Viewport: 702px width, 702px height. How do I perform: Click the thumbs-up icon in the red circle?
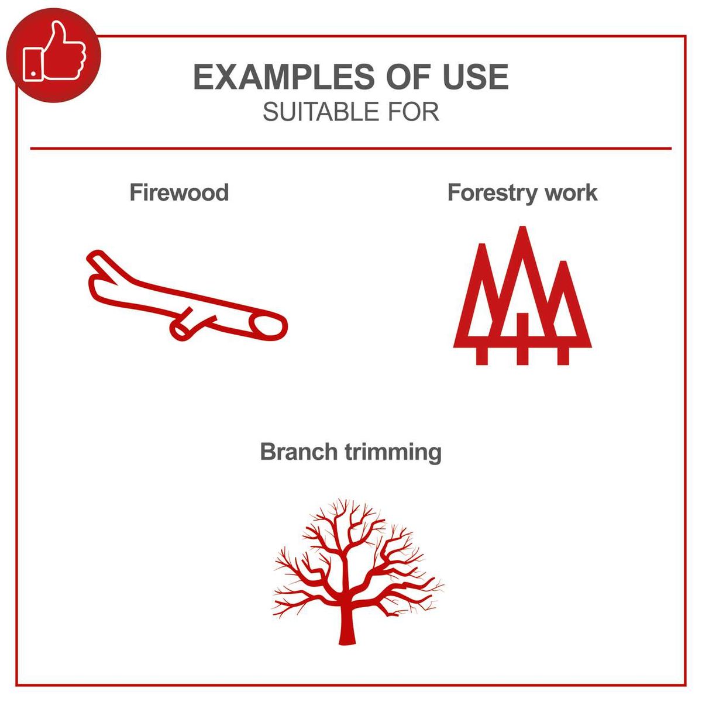pos(54,54)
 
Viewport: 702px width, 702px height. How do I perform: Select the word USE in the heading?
pos(476,77)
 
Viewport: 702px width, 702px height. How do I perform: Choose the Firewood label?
pos(179,192)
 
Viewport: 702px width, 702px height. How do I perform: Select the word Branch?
pos(299,452)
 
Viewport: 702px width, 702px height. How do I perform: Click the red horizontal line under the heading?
pos(351,149)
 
